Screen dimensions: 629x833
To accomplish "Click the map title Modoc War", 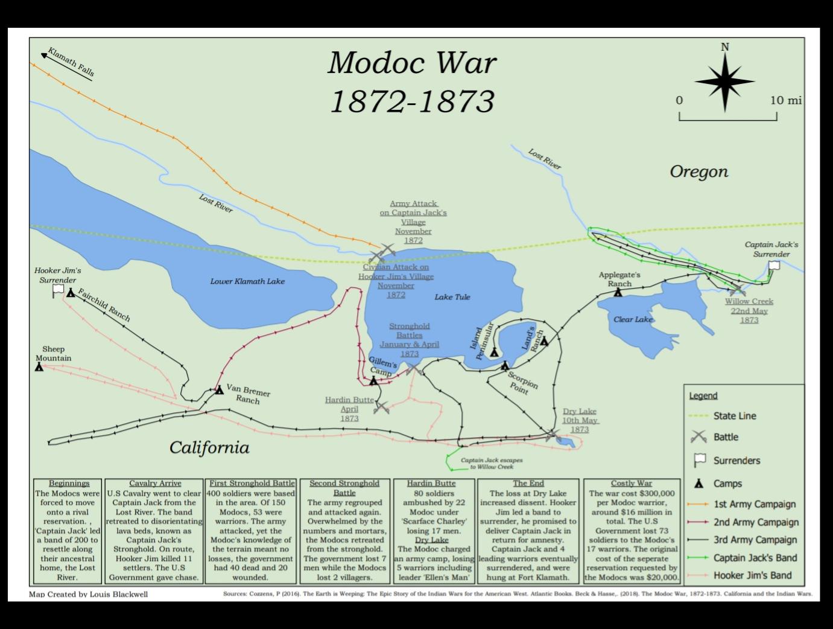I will (x=413, y=63).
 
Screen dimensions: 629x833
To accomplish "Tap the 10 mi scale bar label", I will (x=785, y=100).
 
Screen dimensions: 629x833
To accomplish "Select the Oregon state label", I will (x=698, y=172).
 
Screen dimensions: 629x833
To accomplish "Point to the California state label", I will (x=209, y=448).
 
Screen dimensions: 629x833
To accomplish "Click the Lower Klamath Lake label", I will (x=247, y=281).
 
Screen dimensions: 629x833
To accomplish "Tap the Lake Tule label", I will (x=452, y=297).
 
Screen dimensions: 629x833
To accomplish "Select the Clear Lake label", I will (x=633, y=319).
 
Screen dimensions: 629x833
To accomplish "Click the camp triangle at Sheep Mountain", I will (x=39, y=366).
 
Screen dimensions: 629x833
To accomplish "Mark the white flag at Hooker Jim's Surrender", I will (x=58, y=290).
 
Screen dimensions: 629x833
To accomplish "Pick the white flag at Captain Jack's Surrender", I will (x=774, y=266).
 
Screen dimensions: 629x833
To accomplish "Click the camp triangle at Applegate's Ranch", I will (x=618, y=292).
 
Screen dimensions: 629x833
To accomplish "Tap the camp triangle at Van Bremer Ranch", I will (x=220, y=390).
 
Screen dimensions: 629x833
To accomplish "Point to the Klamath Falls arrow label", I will (x=69, y=62).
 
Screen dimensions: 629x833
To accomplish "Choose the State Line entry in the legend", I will (x=734, y=416).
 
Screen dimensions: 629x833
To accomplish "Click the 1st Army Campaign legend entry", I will (x=754, y=504).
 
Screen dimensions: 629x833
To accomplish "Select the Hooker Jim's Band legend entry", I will (x=752, y=575).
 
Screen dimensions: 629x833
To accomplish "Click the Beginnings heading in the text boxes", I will (x=69, y=484).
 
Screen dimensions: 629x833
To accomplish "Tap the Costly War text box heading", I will (x=631, y=484).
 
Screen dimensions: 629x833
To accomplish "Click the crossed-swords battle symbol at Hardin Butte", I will (x=381, y=407).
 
